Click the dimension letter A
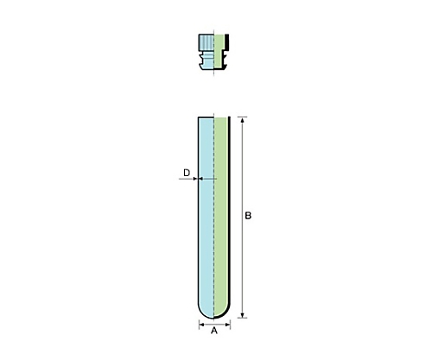point(214,331)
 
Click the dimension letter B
point(248,216)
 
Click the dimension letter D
point(187,173)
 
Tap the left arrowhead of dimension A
point(201,325)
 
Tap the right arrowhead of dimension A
point(228,325)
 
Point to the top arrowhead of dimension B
point(243,119)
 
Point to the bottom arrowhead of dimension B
point(243,315)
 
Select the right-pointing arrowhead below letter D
point(195,179)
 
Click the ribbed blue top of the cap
point(206,42)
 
